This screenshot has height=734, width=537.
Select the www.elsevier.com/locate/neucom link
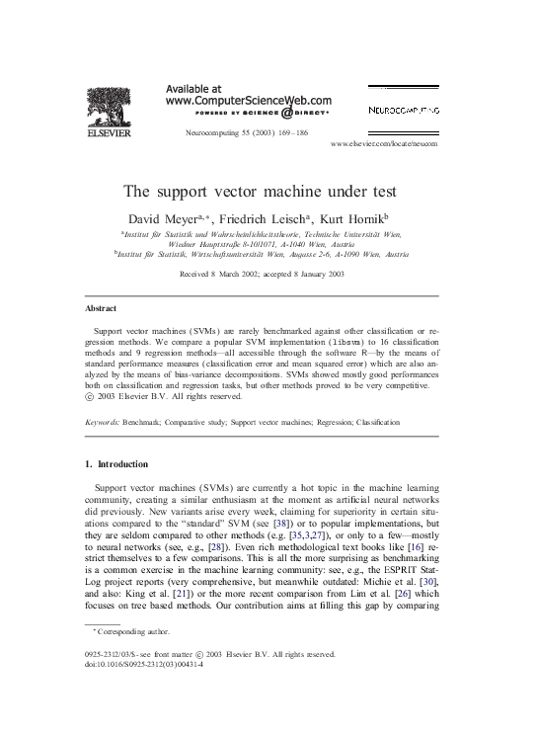pos(384,143)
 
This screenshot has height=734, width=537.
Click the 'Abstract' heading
pos(103,308)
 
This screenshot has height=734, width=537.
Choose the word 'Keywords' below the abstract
pos(106,422)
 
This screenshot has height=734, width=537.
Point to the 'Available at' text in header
pos(193,87)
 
